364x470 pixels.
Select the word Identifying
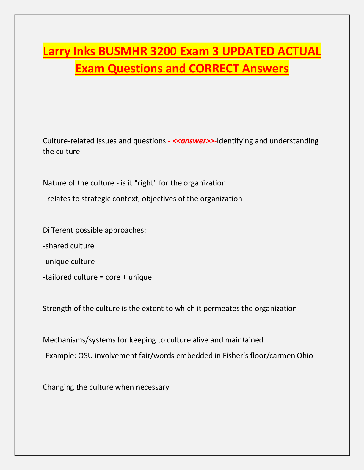click(x=235, y=141)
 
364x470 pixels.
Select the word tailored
click(x=58, y=277)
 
